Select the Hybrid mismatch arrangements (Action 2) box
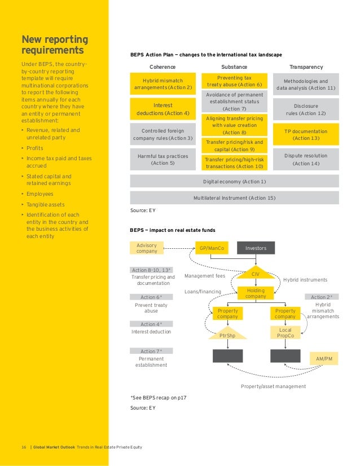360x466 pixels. click(x=163, y=84)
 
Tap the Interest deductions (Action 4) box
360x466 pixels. click(x=163, y=109)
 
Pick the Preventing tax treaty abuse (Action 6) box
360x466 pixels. click(x=234, y=81)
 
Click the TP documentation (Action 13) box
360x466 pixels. click(x=306, y=134)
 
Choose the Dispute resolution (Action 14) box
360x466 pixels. click(x=306, y=159)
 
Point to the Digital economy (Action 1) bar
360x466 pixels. click(x=234, y=181)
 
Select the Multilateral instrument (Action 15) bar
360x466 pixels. click(x=234, y=198)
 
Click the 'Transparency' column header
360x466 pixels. click(x=306, y=67)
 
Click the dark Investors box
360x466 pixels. click(x=255, y=248)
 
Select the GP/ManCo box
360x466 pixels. click(x=211, y=248)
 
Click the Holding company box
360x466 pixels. click(x=256, y=293)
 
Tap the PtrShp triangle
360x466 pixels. click(x=228, y=335)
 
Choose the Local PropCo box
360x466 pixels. click(x=285, y=333)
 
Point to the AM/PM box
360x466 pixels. click(x=324, y=358)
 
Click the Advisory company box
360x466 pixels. click(x=147, y=248)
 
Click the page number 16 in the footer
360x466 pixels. click(x=24, y=447)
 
